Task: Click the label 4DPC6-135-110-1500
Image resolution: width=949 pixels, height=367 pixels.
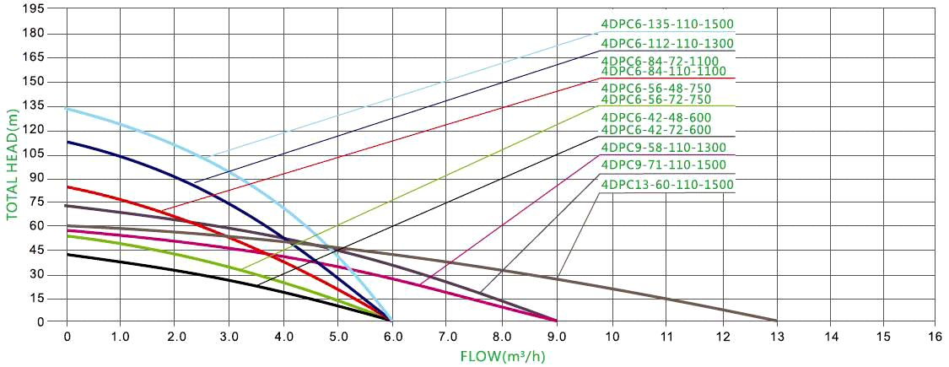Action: (666, 24)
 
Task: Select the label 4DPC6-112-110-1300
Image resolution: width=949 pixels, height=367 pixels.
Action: (666, 43)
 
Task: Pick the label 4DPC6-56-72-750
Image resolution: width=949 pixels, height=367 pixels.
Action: (655, 99)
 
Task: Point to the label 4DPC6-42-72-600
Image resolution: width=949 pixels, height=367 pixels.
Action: (655, 130)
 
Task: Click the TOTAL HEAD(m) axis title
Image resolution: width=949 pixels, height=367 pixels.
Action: (12, 164)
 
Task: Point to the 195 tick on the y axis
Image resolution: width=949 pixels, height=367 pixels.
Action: (33, 9)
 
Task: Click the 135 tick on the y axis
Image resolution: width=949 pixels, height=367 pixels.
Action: (33, 105)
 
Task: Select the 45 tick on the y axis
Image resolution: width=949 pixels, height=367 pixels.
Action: (36, 250)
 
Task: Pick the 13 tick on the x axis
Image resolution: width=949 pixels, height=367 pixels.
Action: (776, 335)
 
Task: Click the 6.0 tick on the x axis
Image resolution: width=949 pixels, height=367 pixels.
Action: (393, 335)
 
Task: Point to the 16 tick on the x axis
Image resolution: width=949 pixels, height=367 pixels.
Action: (934, 335)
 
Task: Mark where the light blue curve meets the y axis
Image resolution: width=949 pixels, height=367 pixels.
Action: (67, 108)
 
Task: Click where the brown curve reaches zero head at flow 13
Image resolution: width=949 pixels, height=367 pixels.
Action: (775, 321)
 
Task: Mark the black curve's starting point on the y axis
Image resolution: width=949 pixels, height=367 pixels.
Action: (67, 254)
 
